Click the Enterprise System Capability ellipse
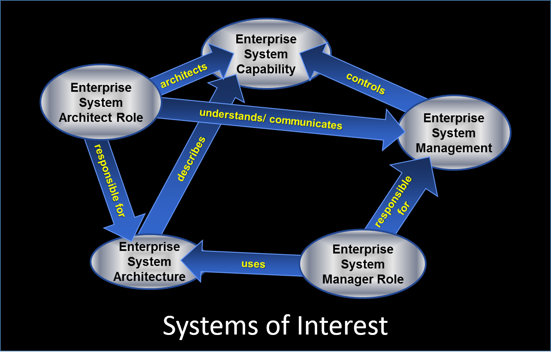[x=266, y=54]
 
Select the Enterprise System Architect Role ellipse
[x=101, y=102]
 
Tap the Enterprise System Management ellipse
[x=454, y=133]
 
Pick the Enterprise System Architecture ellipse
[x=149, y=262]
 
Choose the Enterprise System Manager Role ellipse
[x=363, y=264]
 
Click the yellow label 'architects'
[x=183, y=76]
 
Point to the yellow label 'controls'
[x=366, y=83]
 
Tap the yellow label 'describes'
[x=191, y=159]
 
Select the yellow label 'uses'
[x=253, y=264]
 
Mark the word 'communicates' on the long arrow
[x=306, y=122]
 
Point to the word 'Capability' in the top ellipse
[x=266, y=69]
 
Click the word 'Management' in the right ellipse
[x=454, y=148]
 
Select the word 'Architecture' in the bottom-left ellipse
[x=149, y=277]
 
